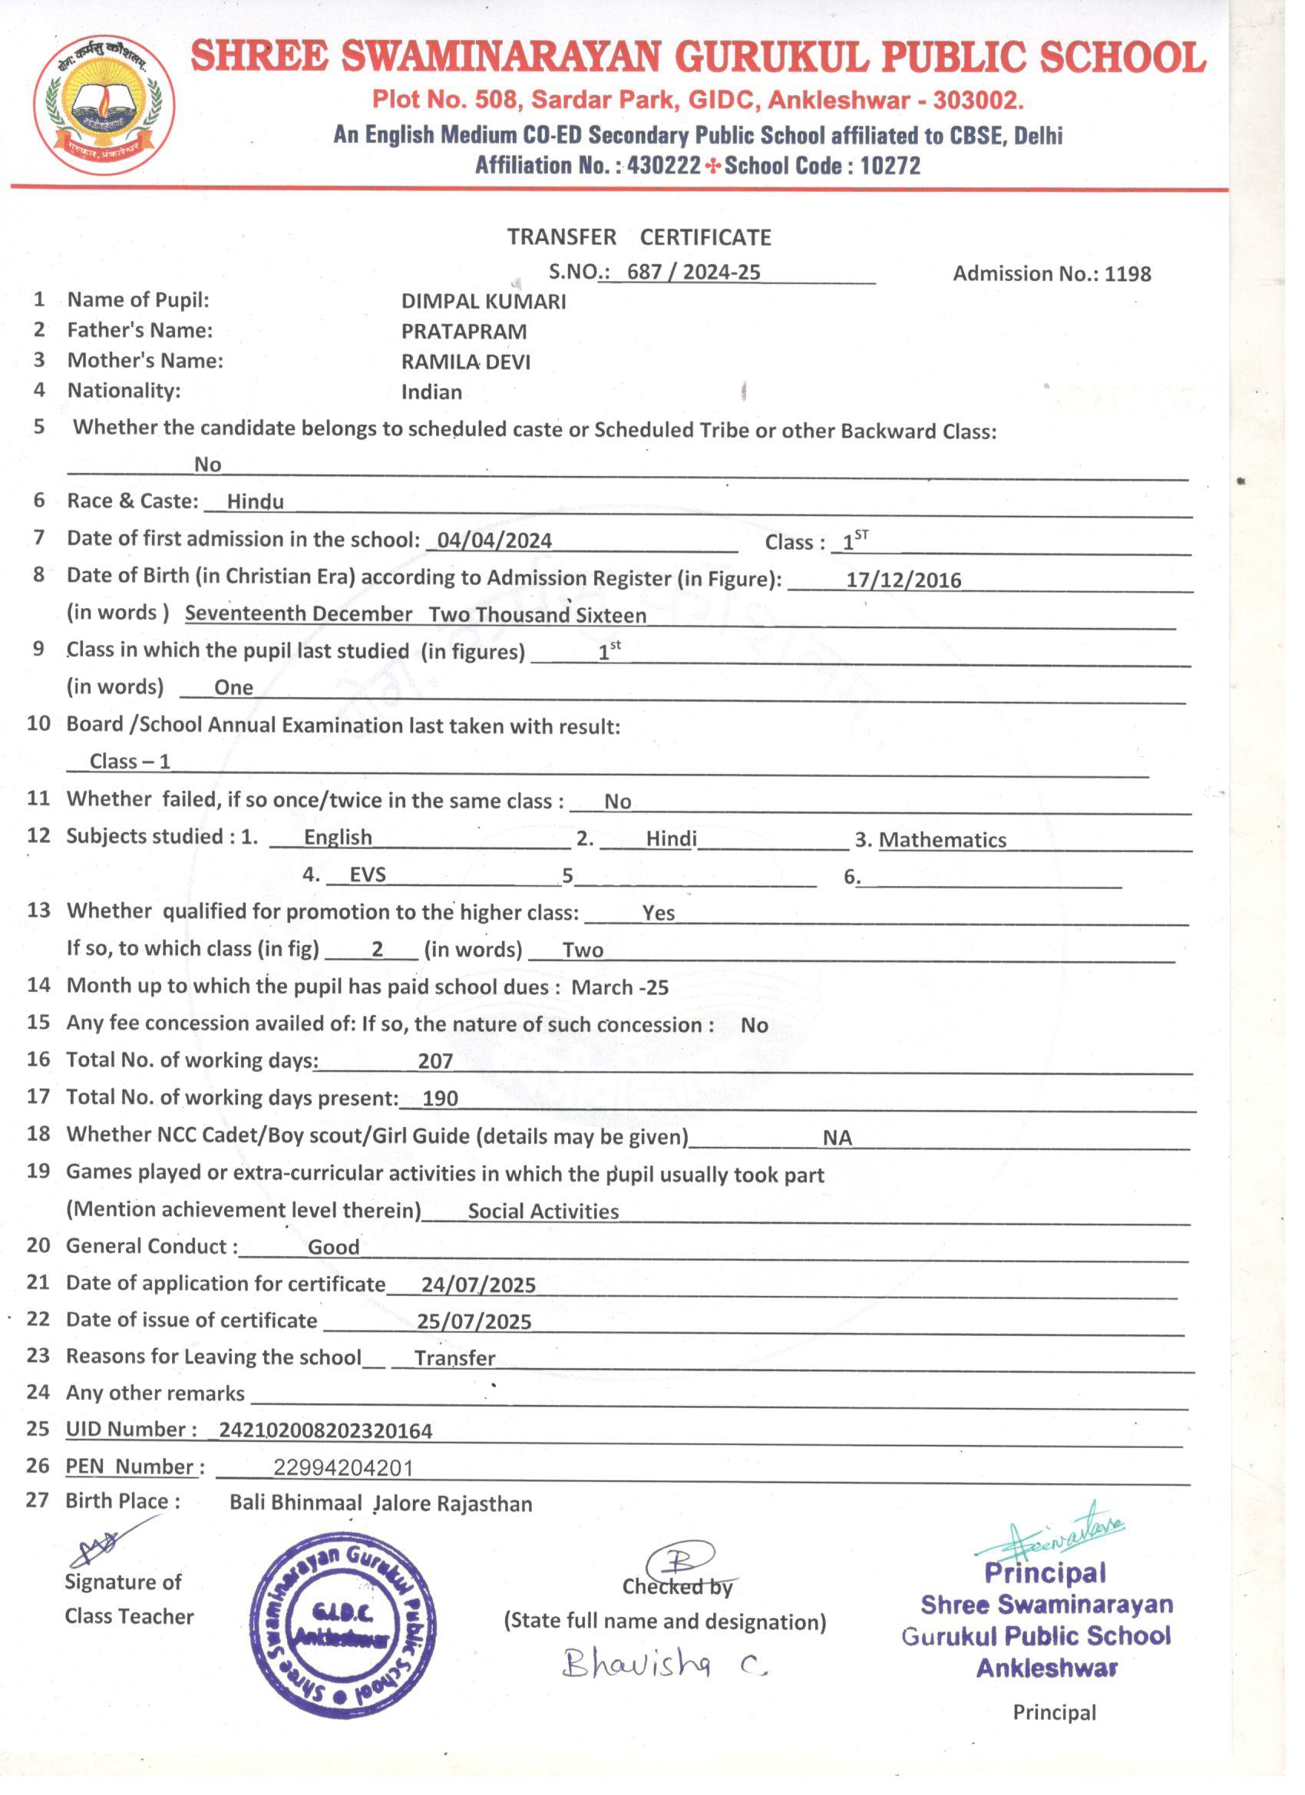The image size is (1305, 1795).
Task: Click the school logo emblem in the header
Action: click(104, 104)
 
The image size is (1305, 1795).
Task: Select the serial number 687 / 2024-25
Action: click(693, 273)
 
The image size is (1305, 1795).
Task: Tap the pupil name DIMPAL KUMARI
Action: click(484, 302)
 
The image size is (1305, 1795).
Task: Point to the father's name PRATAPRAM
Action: click(464, 332)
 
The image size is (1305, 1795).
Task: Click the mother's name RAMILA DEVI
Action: click(465, 362)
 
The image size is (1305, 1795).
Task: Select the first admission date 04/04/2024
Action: click(494, 540)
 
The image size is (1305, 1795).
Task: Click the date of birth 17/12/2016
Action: click(903, 580)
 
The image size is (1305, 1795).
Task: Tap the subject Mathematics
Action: click(943, 840)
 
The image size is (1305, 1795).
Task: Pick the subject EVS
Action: click(368, 874)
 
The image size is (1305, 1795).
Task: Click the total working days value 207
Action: click(435, 1061)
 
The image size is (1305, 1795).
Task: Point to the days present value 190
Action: click(441, 1099)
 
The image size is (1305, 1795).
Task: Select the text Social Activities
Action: click(543, 1211)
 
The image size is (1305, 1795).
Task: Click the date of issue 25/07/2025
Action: click(474, 1322)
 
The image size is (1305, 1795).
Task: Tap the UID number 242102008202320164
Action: click(325, 1431)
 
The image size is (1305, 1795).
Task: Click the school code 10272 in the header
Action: click(890, 165)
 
